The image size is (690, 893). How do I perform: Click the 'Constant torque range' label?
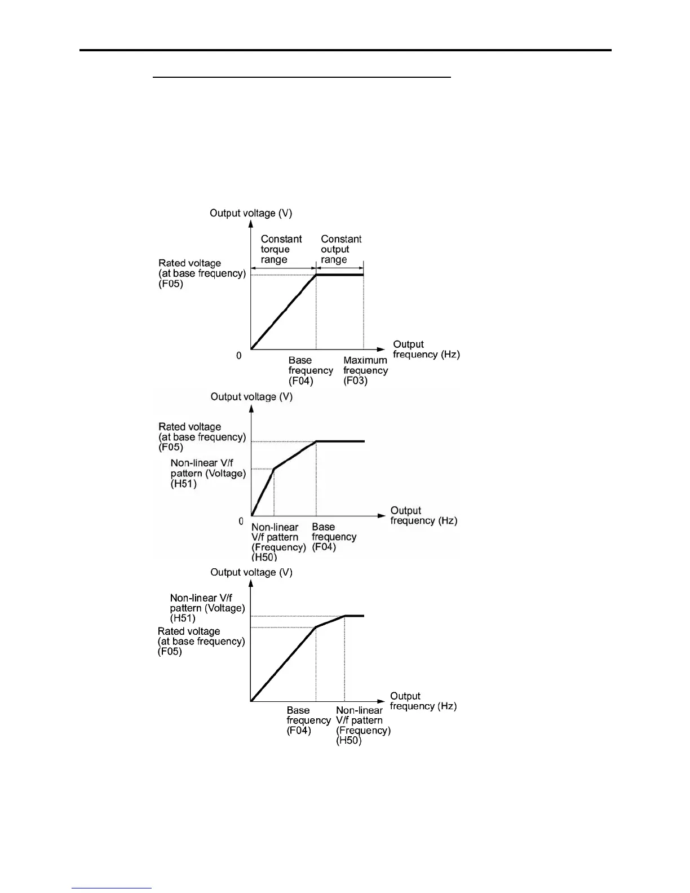click(x=281, y=249)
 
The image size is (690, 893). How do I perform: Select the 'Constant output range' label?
click(x=340, y=249)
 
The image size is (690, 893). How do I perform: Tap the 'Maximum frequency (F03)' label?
click(x=365, y=370)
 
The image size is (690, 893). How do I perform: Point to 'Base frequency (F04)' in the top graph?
click(x=310, y=370)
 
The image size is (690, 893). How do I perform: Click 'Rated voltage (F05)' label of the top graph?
click(x=202, y=273)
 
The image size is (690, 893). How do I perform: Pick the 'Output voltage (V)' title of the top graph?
click(x=251, y=213)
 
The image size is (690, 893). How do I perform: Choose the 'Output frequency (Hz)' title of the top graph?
click(x=426, y=350)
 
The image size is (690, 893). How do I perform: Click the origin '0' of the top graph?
click(x=239, y=356)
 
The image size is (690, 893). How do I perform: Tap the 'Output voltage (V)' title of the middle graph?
click(x=251, y=397)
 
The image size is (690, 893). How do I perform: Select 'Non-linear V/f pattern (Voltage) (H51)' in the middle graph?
click(x=208, y=474)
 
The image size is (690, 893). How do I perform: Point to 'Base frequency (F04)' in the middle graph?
click(x=334, y=537)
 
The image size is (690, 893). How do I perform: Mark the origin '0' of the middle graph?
click(x=241, y=521)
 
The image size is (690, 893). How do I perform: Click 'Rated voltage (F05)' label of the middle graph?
click(x=202, y=437)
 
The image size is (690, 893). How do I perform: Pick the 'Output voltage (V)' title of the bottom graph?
click(x=251, y=572)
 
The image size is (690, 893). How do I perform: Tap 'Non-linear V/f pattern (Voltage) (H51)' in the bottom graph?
click(x=207, y=608)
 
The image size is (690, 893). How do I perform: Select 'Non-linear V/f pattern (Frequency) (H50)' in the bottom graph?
click(x=362, y=726)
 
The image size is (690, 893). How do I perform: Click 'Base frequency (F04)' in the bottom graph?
click(x=308, y=720)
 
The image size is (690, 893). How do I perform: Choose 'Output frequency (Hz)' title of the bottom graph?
click(x=423, y=701)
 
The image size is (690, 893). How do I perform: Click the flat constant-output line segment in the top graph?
click(x=339, y=275)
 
